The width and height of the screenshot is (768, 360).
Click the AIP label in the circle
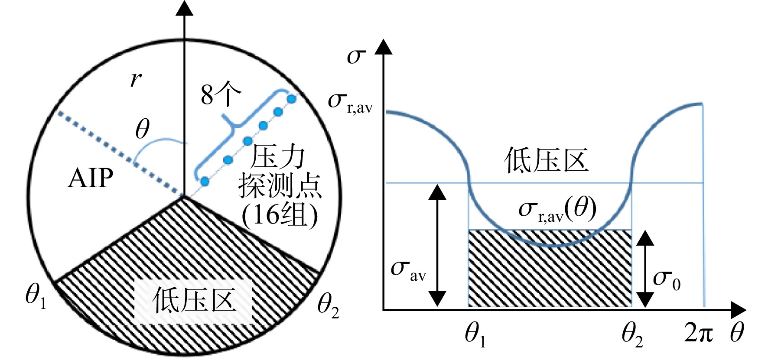click(x=91, y=178)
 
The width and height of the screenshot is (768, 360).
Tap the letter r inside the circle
click(x=136, y=79)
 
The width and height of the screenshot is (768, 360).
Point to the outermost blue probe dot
click(x=292, y=99)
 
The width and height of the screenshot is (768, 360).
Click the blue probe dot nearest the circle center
click(x=205, y=182)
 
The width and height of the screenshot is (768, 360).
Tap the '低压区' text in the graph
click(x=546, y=161)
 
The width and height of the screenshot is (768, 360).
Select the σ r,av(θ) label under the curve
click(x=558, y=210)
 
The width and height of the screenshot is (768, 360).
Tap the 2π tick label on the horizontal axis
click(x=699, y=333)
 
